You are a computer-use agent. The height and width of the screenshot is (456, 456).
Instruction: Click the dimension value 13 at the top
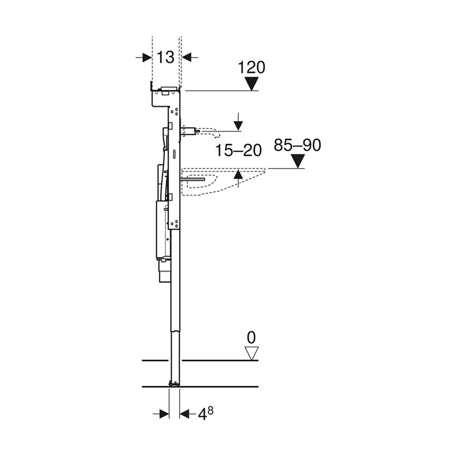point(166,57)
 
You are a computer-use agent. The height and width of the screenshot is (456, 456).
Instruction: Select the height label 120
point(252,67)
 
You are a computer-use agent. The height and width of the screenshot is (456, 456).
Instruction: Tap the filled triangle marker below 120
point(251,84)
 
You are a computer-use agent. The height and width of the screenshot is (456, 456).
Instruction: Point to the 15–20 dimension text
point(238,151)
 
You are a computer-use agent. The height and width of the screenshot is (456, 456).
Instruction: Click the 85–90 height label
point(297,145)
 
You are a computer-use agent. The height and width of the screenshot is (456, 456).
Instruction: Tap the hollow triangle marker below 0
point(251,352)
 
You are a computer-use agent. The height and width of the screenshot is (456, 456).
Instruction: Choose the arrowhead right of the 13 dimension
point(187,57)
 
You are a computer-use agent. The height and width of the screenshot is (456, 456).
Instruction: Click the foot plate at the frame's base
point(174,383)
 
